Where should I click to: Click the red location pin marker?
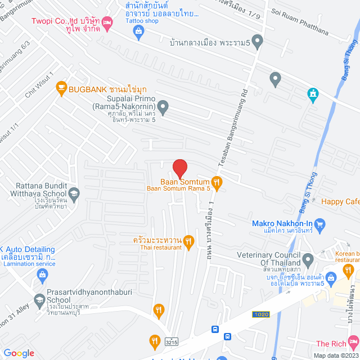click(179, 168)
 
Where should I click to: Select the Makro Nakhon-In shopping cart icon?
click(321, 227)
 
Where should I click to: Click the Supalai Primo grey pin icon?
click(163, 106)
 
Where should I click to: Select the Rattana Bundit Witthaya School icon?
click(74, 195)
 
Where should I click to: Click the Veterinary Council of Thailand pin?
click(308, 260)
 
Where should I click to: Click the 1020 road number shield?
click(260, 314)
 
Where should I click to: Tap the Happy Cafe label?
click(340, 201)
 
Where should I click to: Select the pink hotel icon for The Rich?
click(353, 342)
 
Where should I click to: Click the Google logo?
click(19, 353)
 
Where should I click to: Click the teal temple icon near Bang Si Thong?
click(313, 94)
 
